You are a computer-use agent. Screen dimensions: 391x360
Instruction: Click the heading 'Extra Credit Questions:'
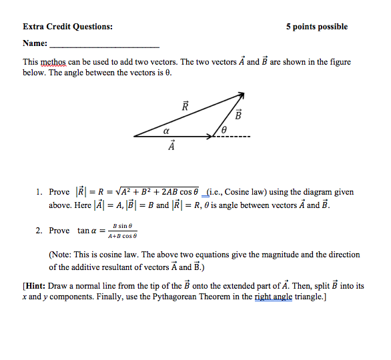pos(67,27)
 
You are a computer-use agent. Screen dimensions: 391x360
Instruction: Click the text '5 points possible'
pos(317,27)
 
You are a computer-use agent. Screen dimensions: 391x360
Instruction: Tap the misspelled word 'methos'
pos(55,62)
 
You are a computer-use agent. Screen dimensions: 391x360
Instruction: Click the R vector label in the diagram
pos(185,106)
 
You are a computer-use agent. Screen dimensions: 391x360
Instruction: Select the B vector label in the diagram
pos(237,114)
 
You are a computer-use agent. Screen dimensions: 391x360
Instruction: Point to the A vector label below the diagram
pos(171,145)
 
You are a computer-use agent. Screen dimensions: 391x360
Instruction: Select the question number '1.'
pos(40,192)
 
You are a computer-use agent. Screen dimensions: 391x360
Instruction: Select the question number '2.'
pos(40,231)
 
